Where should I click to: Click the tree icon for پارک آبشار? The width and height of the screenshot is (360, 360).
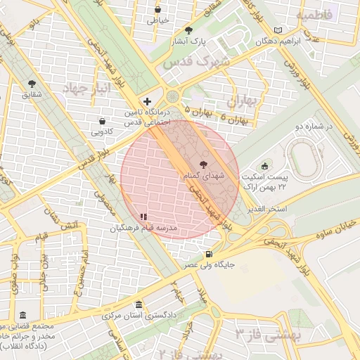[188, 30]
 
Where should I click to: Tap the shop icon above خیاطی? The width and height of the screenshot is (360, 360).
[157, 10]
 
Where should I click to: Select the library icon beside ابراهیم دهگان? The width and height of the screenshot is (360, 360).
[278, 30]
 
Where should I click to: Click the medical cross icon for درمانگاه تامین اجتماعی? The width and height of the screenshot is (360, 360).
[146, 101]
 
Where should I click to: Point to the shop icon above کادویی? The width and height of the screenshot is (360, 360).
[103, 120]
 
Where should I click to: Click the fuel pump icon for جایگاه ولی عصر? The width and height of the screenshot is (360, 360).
[208, 254]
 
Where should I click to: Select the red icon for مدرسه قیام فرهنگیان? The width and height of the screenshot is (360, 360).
[143, 217]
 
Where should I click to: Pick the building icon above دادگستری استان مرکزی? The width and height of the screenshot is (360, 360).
[139, 304]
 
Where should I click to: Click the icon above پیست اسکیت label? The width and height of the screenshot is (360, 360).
[264, 166]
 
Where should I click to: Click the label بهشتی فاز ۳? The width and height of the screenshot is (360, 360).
[268, 334]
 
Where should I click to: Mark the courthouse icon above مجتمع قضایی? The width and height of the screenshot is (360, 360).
[23, 315]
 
